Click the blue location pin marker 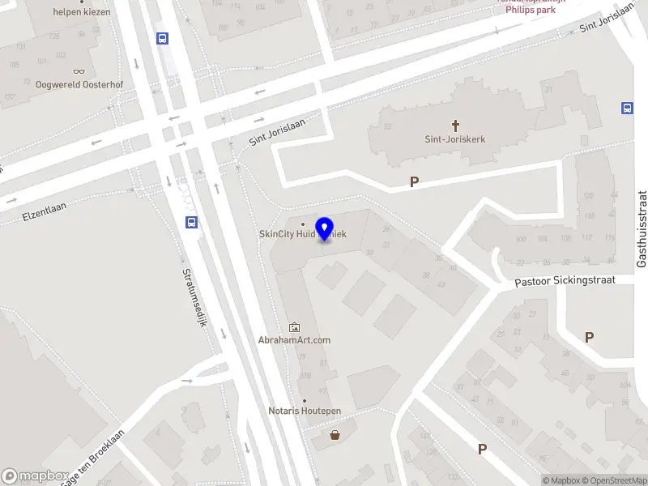pyautogui.click(x=325, y=229)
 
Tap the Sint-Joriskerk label pyautogui.click(x=455, y=139)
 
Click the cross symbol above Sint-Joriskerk pyautogui.click(x=455, y=126)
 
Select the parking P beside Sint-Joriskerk pyautogui.click(x=414, y=182)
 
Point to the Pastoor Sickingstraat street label pyautogui.click(x=565, y=281)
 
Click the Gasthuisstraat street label pyautogui.click(x=641, y=229)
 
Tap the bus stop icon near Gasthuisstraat pyautogui.click(x=627, y=109)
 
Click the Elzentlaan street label pyautogui.click(x=44, y=212)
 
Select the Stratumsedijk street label pyautogui.click(x=195, y=297)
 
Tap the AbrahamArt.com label pyautogui.click(x=294, y=340)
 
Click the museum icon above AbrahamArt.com pyautogui.click(x=293, y=327)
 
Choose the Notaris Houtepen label pyautogui.click(x=305, y=411)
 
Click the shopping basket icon pyautogui.click(x=335, y=435)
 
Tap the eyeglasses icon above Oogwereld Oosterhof pyautogui.click(x=79, y=71)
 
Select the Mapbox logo pyautogui.click(x=36, y=476)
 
